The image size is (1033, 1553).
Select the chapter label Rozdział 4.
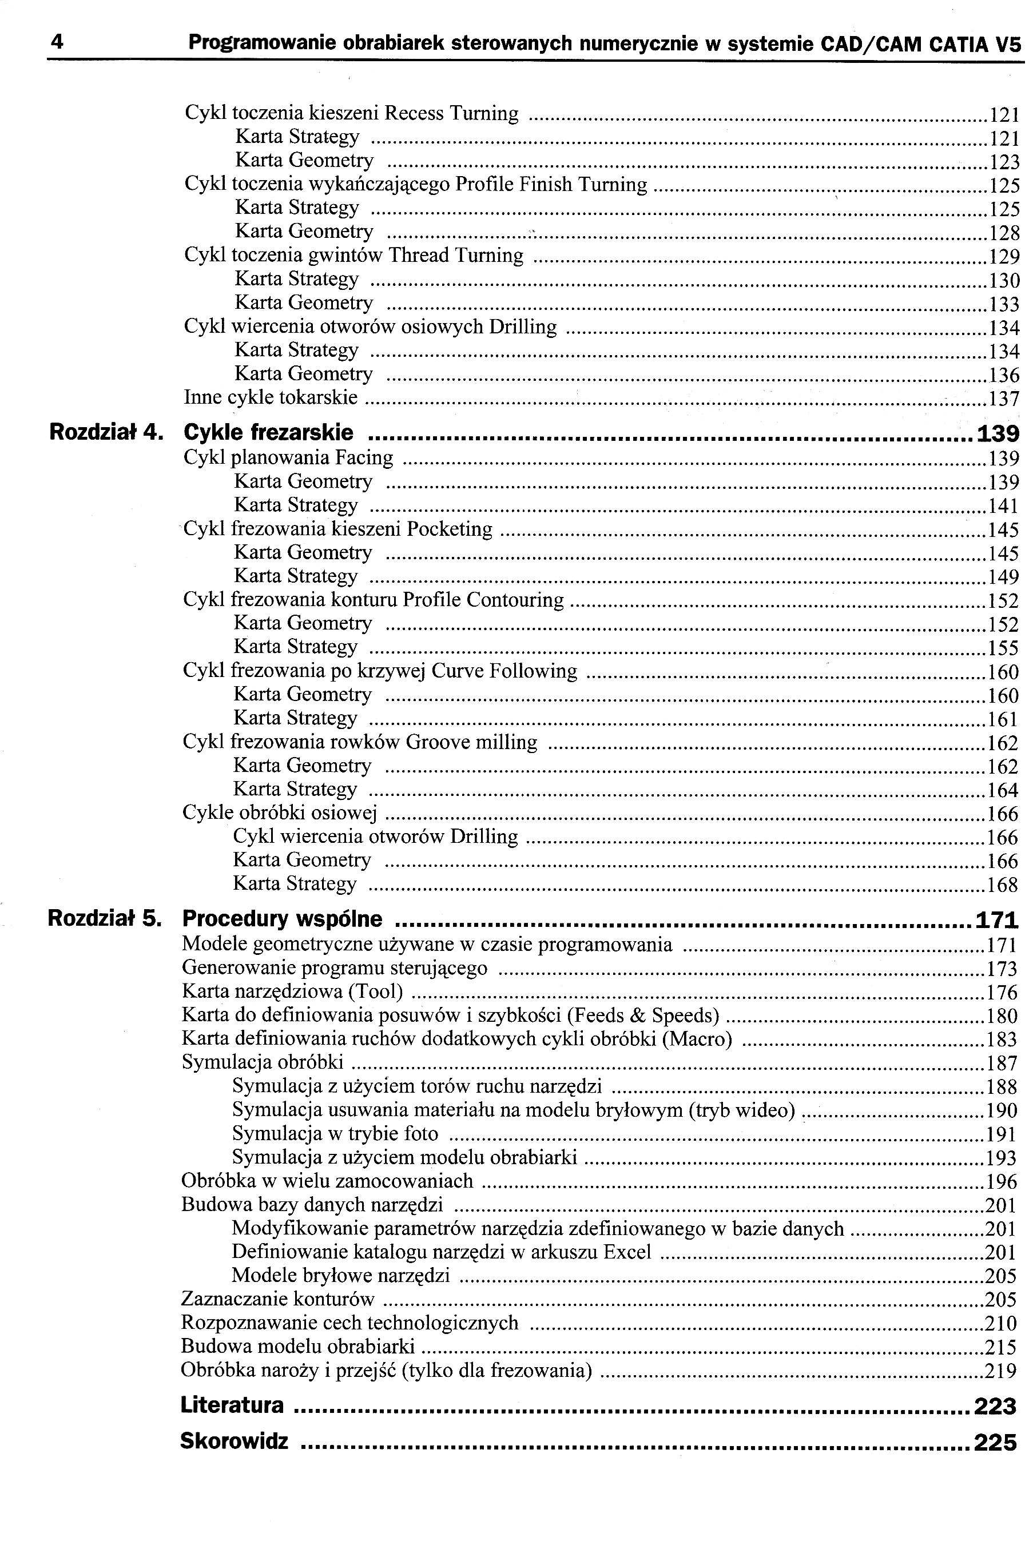(x=106, y=433)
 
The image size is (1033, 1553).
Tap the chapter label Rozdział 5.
(x=105, y=918)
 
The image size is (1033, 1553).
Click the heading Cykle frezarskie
(x=268, y=433)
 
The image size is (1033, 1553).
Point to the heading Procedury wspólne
(x=282, y=918)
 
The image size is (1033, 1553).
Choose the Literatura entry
(x=232, y=1405)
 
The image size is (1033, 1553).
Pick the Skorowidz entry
(x=234, y=1441)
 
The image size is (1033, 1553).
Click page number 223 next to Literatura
(x=995, y=1406)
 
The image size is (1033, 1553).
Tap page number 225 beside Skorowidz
(x=995, y=1442)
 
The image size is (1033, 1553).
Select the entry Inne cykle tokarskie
(x=271, y=397)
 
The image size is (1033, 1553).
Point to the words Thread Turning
(x=456, y=255)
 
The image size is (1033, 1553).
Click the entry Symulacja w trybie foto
(x=335, y=1133)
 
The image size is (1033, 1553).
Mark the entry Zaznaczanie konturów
(x=277, y=1300)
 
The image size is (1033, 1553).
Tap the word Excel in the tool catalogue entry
(x=626, y=1252)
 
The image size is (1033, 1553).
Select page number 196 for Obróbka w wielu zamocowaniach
(x=1002, y=1181)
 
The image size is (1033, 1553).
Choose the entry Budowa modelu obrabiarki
(x=298, y=1347)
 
